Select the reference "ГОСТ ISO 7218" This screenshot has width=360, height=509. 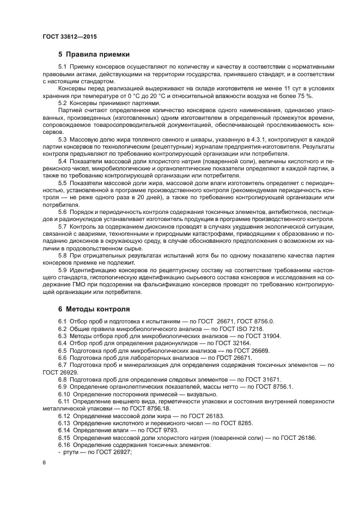click(240, 329)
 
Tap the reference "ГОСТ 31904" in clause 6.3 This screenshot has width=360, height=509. click(261, 336)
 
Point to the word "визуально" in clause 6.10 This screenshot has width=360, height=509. click(202, 394)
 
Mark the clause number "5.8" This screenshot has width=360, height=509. click(63, 255)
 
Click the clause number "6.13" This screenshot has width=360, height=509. click(64, 422)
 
